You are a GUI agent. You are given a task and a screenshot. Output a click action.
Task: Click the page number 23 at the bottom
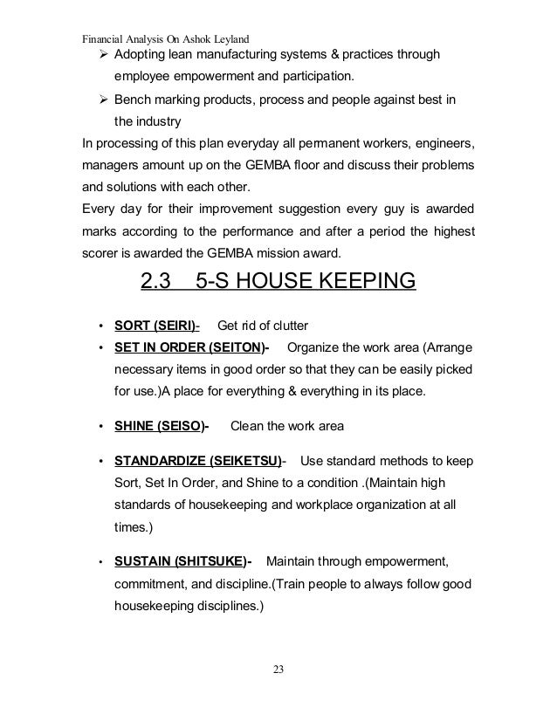278,669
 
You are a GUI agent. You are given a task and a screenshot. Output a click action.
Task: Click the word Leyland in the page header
230,38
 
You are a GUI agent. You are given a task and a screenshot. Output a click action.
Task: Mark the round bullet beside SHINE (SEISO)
102,428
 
